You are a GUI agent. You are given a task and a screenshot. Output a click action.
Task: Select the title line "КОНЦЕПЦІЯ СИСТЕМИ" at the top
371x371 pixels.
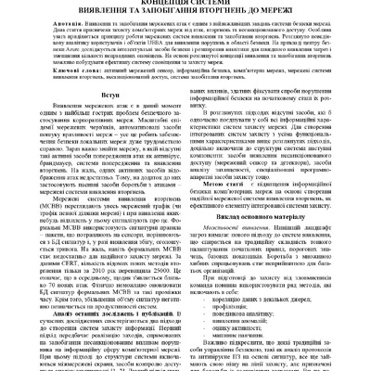pyautogui.click(x=185, y=2)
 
